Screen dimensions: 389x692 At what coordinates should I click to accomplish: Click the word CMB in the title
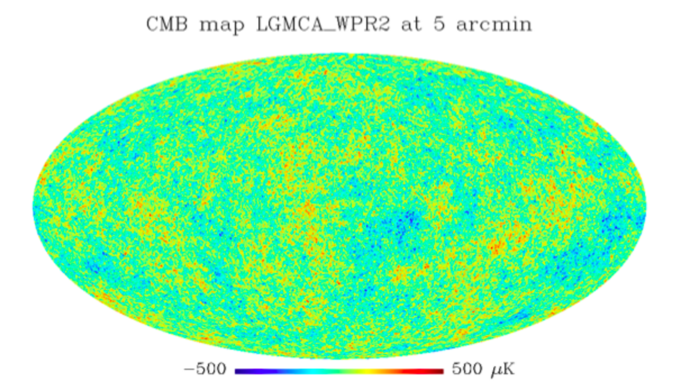coord(164,25)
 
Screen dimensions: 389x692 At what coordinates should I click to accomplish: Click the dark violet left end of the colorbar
coord(238,370)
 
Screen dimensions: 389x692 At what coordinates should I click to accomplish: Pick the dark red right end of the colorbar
coord(440,370)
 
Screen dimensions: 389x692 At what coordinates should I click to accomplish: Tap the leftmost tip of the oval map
coord(33,207)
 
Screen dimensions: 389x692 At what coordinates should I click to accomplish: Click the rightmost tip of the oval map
coord(646,207)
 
